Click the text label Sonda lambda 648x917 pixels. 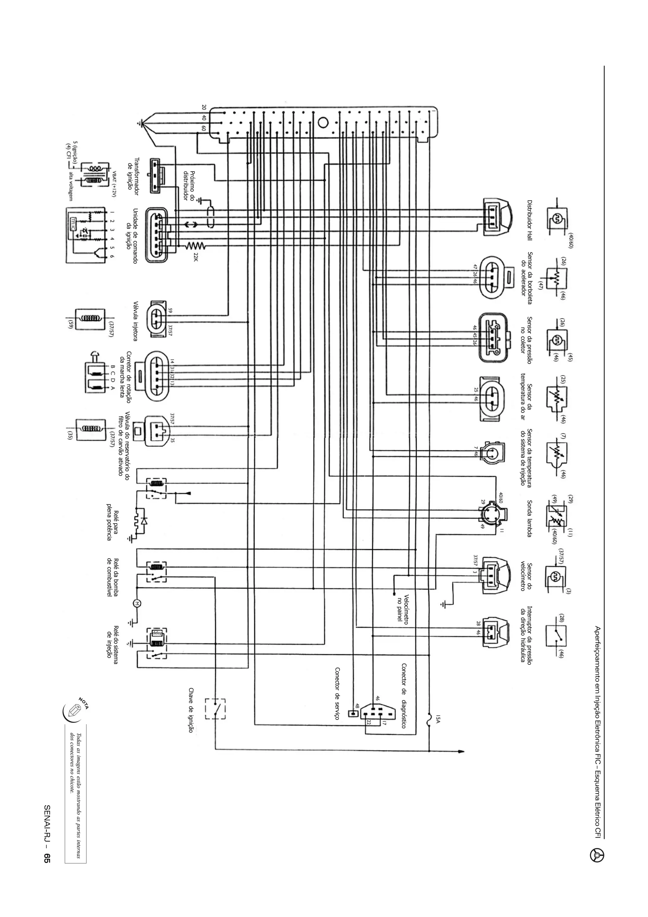(x=529, y=518)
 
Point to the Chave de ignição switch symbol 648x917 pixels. (x=215, y=709)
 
